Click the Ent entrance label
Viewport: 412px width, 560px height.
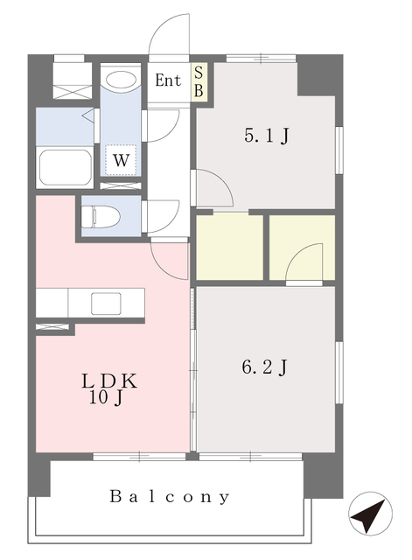(x=168, y=80)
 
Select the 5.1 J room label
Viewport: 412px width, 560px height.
(x=266, y=136)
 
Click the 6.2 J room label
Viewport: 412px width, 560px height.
(x=264, y=367)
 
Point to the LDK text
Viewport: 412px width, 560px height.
(x=109, y=381)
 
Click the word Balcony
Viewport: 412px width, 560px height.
(x=170, y=497)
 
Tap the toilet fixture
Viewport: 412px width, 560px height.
(x=101, y=216)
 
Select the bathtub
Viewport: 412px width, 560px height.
(x=64, y=167)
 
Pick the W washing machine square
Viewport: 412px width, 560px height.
(x=121, y=160)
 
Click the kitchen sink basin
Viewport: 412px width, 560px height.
(x=106, y=304)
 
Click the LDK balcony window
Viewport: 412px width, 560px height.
(x=139, y=456)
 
